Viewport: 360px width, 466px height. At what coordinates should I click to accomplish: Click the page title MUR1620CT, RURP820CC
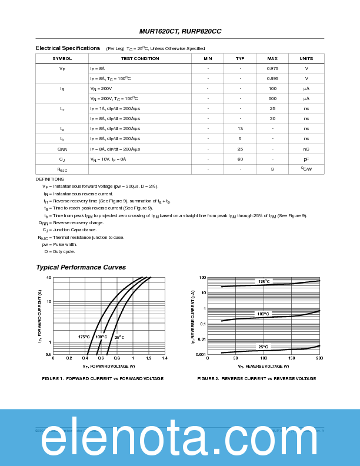tap(180, 31)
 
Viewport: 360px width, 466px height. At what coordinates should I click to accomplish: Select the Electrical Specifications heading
tap(68, 48)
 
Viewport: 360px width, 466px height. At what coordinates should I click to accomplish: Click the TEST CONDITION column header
tap(140, 58)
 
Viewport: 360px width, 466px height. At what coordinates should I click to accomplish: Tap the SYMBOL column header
tap(62, 58)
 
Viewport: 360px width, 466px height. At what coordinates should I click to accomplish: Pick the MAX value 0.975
tap(272, 69)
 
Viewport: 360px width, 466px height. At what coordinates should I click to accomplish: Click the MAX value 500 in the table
tap(272, 98)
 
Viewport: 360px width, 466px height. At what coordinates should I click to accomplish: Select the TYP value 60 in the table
tap(240, 159)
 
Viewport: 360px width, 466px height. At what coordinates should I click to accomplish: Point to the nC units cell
tap(306, 149)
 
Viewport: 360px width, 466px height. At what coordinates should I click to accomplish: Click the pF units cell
tap(306, 159)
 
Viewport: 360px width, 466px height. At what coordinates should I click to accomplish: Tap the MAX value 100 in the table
tap(272, 88)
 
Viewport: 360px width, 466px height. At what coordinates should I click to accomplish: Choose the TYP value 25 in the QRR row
tap(240, 149)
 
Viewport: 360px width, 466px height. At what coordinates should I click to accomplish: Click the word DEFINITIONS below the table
tap(49, 179)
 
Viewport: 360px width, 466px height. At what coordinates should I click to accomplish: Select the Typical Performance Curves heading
tap(81, 267)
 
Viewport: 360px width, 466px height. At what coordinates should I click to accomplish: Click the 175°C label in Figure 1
tap(84, 337)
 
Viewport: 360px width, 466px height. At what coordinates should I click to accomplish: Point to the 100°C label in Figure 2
tap(263, 314)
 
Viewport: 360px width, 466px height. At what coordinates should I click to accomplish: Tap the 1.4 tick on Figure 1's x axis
tap(164, 358)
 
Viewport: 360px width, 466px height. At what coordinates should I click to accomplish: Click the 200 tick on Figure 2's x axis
tap(319, 358)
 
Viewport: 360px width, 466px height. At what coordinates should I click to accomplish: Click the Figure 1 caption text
tap(103, 378)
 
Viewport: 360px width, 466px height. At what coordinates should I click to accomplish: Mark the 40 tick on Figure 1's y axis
tap(49, 277)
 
